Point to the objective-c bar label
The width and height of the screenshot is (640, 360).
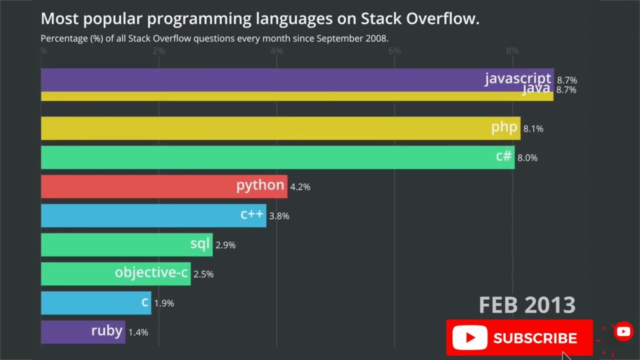coord(151,272)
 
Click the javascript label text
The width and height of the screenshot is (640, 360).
coord(517,78)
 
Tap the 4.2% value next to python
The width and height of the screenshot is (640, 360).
coord(300,187)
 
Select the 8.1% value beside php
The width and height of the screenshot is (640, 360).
coord(533,129)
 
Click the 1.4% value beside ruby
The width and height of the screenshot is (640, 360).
coord(138,332)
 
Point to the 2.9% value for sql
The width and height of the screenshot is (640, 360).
coord(225,245)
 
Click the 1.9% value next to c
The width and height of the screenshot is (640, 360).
coord(164,303)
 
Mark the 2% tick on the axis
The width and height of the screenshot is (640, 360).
coord(158,51)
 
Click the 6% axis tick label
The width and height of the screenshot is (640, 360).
coord(394,51)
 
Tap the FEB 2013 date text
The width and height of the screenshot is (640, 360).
coord(527,305)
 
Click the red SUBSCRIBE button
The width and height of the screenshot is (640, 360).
coord(519,338)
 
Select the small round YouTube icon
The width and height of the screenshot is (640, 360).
coord(623,331)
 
